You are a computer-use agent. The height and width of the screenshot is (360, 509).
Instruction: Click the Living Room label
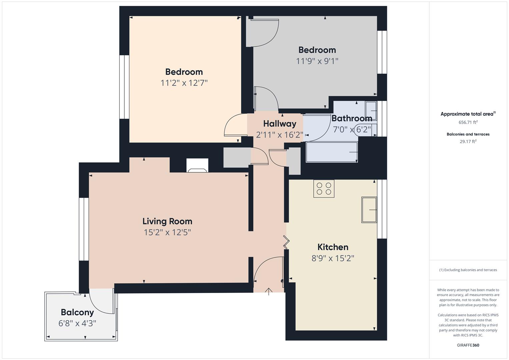click(167, 221)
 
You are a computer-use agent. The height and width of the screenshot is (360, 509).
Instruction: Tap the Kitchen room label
click(333, 247)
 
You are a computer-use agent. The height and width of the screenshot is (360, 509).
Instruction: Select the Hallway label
click(280, 124)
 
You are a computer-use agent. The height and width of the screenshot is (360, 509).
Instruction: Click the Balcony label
click(77, 312)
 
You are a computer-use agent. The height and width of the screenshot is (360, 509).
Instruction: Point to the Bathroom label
click(352, 118)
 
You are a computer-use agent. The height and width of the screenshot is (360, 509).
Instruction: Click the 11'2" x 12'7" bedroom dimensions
click(184, 83)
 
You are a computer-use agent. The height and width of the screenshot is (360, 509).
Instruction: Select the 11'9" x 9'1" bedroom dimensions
click(317, 61)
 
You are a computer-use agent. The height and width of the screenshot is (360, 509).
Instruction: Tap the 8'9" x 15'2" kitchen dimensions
click(333, 258)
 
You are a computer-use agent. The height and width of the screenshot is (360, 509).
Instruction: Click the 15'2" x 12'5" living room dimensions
click(167, 232)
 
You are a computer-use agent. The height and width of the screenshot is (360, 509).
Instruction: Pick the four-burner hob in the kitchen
click(324, 188)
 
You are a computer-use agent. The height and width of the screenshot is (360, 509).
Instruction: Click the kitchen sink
click(369, 210)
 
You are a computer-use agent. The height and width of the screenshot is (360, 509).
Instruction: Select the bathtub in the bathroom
click(332, 152)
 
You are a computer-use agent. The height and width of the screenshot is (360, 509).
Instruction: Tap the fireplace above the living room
click(197, 165)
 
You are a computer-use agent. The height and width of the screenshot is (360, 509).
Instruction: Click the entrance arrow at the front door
click(269, 292)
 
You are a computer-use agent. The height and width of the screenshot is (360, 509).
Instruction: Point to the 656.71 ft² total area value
click(468, 122)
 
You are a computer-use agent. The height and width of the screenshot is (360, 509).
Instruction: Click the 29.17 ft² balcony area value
click(468, 141)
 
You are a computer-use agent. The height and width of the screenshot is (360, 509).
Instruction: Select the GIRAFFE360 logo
click(468, 345)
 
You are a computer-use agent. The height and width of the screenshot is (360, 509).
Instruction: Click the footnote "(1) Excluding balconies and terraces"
click(468, 270)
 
